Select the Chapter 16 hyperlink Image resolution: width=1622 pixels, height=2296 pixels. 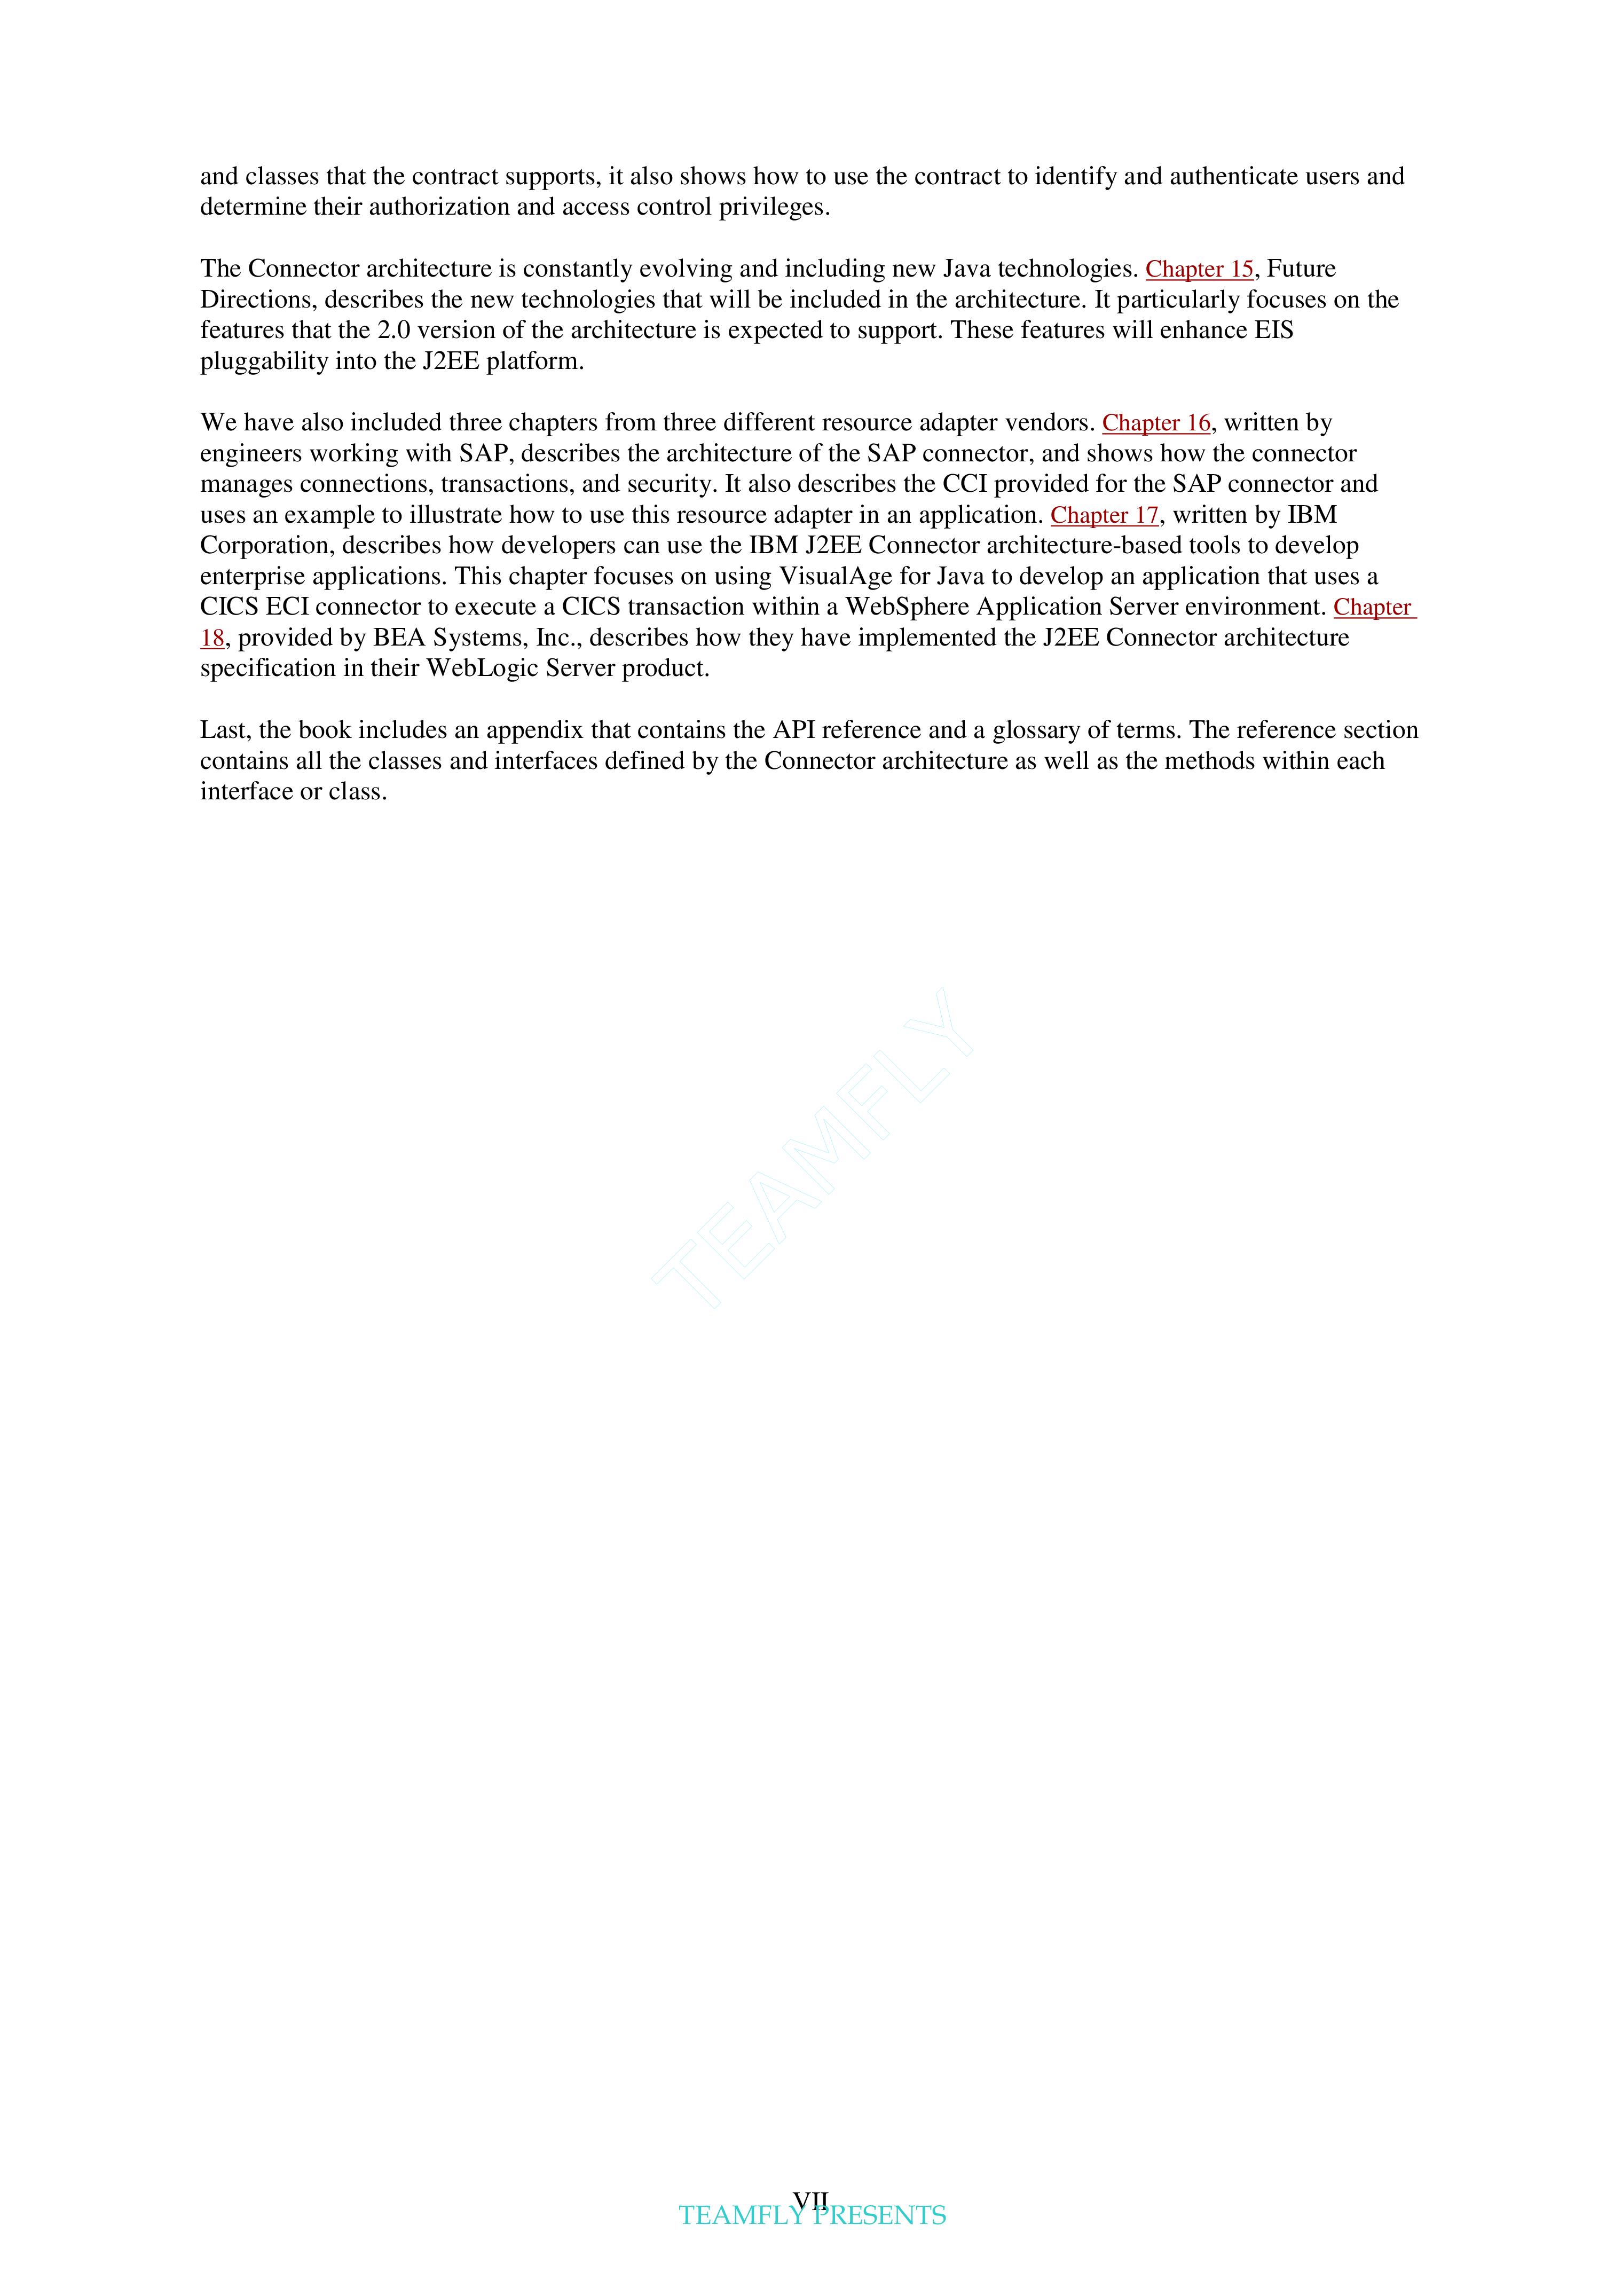tap(1156, 423)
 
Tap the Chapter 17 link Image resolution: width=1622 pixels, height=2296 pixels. tap(1104, 515)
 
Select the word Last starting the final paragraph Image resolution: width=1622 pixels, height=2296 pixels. tap(222, 730)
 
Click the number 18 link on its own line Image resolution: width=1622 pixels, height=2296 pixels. tap(212, 638)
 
